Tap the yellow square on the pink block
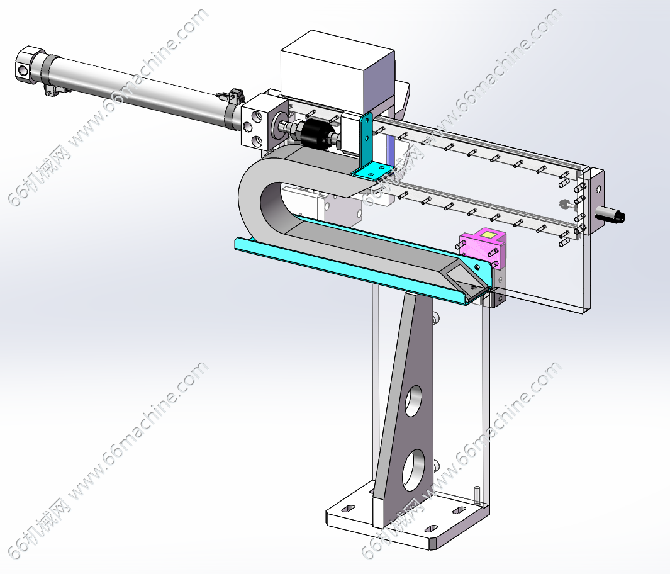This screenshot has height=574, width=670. (488, 234)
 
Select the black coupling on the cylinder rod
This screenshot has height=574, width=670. (314, 132)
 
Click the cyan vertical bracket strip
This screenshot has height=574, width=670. (366, 139)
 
